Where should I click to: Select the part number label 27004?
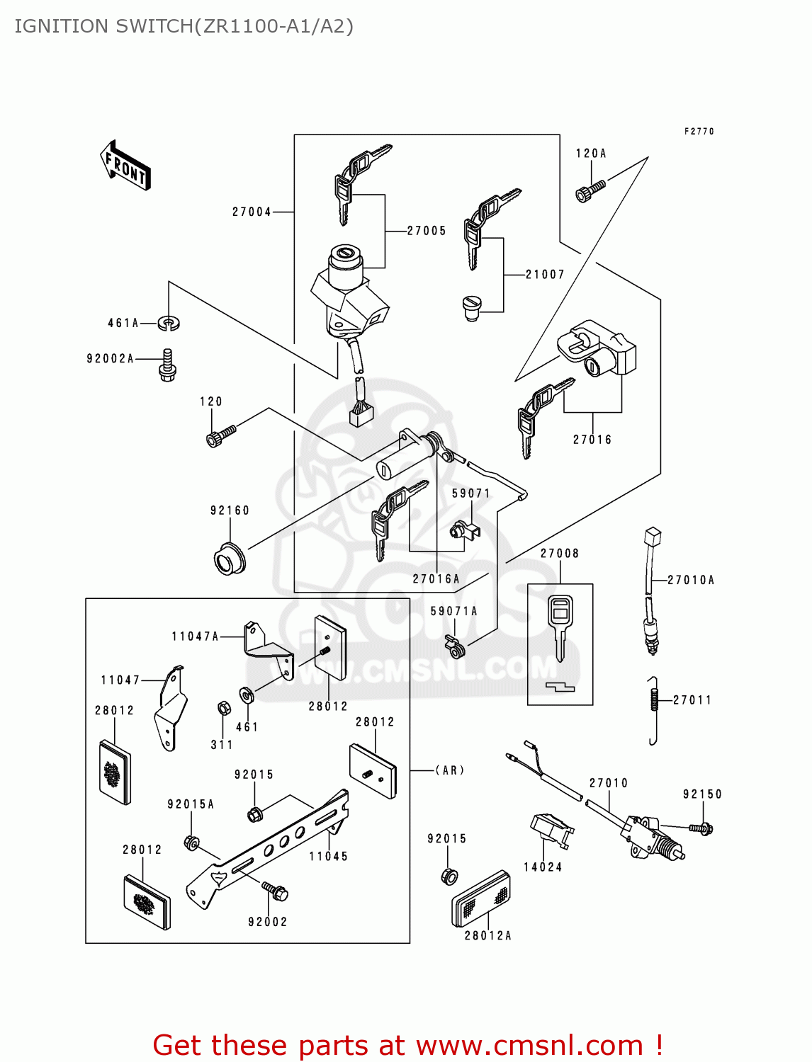pyautogui.click(x=252, y=212)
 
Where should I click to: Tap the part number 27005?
pyautogui.click(x=427, y=231)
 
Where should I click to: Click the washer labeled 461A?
pyautogui.click(x=169, y=324)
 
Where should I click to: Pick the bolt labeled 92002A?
pyautogui.click(x=167, y=365)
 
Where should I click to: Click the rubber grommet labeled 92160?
pyautogui.click(x=230, y=558)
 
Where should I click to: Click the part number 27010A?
pyautogui.click(x=691, y=580)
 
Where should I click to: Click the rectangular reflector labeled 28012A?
pyautogui.click(x=481, y=898)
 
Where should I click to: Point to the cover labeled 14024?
pyautogui.click(x=550, y=830)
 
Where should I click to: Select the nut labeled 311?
pyautogui.click(x=222, y=708)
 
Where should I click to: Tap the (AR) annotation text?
pyautogui.click(x=449, y=770)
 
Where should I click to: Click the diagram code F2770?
pyautogui.click(x=699, y=132)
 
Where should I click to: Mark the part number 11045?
pyautogui.click(x=328, y=857)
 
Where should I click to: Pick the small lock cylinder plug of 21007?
pyautogui.click(x=471, y=307)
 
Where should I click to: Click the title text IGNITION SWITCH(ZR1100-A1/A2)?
pyautogui.click(x=184, y=26)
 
